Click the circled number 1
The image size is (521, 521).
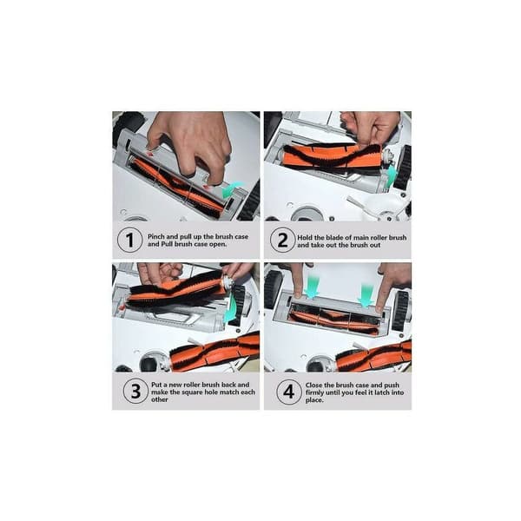(130, 240)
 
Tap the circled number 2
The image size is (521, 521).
(282, 241)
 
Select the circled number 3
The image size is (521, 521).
(135, 392)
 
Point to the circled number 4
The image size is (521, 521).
(289, 392)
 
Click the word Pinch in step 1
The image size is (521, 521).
(155, 236)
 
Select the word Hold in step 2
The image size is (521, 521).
(305, 238)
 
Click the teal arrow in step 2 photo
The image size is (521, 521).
(392, 175)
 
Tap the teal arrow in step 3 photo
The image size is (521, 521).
(231, 310)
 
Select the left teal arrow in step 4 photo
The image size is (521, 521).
(311, 286)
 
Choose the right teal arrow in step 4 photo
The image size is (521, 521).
(366, 294)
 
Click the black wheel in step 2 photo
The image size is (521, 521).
(404, 167)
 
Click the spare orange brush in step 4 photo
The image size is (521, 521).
(373, 356)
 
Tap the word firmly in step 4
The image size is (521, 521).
(314, 392)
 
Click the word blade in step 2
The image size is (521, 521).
(334, 238)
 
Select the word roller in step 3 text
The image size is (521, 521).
(190, 385)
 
